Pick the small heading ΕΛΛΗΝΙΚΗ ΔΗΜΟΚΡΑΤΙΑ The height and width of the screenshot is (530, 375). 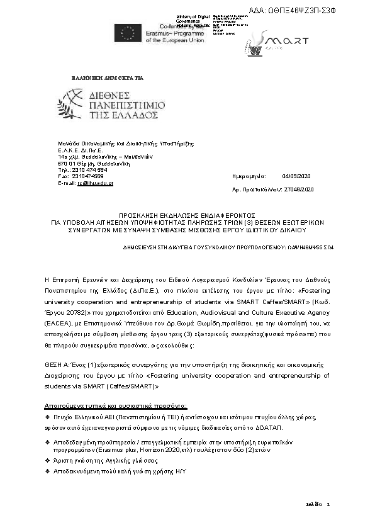pyautogui.click(x=108, y=78)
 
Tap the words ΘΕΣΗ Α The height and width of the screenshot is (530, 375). pyautogui.click(x=56, y=362)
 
